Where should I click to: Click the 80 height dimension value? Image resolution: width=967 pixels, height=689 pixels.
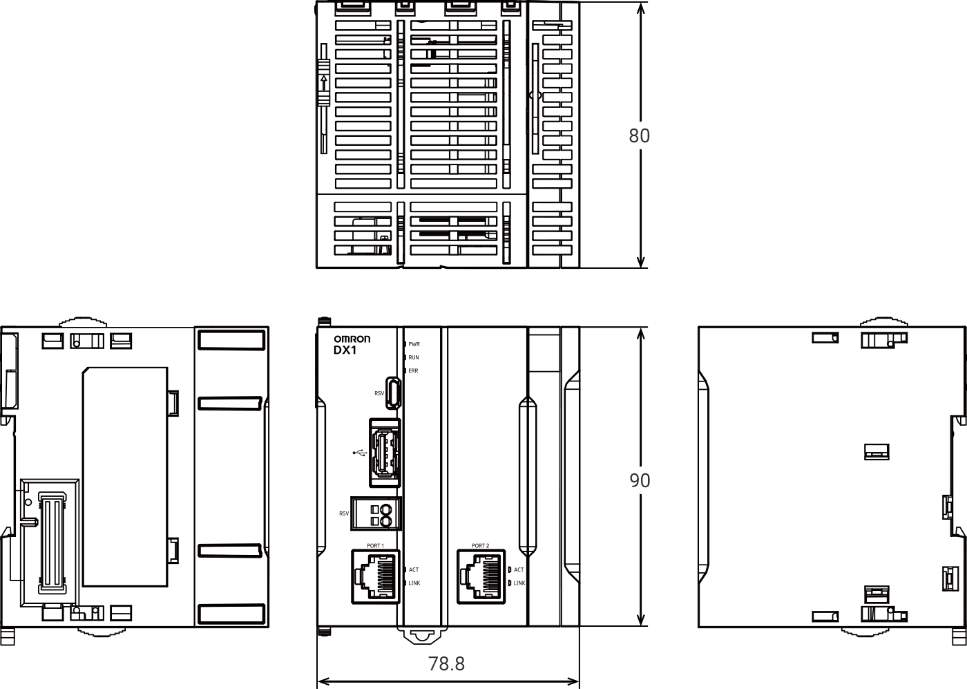639,135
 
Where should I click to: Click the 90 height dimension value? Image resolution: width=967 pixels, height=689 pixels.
640,480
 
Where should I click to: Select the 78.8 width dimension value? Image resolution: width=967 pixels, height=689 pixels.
446,663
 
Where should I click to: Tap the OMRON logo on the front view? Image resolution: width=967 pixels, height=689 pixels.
352,339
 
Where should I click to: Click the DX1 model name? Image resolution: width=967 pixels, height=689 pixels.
345,350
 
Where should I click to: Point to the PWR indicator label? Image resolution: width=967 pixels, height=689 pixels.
414,344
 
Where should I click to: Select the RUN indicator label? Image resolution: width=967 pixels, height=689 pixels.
414,357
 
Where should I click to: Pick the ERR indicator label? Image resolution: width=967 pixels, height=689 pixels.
413,370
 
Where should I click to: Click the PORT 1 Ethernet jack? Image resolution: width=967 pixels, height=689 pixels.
376,576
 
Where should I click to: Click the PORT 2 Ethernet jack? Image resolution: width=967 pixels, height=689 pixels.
481,576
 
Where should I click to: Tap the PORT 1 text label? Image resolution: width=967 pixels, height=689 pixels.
375,545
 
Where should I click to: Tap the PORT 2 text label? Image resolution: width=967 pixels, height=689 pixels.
481,545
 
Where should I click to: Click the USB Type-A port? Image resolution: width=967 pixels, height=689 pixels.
385,453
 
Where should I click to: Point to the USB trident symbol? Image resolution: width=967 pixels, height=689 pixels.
360,453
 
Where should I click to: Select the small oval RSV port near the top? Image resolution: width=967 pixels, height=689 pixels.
393,393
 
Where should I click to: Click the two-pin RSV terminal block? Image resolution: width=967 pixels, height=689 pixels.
376,513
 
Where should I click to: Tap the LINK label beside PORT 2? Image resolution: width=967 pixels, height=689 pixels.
519,583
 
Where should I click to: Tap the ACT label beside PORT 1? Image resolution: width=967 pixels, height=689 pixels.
414,569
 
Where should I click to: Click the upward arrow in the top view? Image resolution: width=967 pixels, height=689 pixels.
324,83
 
